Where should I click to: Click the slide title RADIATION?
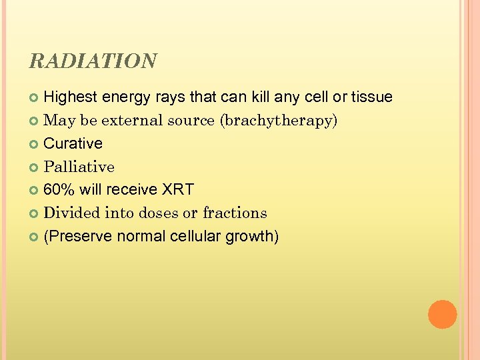click(93, 61)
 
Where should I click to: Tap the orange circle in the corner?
click(442, 315)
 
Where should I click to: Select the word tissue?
click(371, 97)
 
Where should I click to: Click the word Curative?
click(73, 144)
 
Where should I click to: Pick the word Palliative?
click(79, 167)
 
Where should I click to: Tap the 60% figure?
click(59, 190)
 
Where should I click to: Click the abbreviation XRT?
click(177, 190)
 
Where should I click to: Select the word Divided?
click(70, 213)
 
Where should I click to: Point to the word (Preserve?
click(77, 237)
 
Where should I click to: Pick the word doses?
click(159, 213)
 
